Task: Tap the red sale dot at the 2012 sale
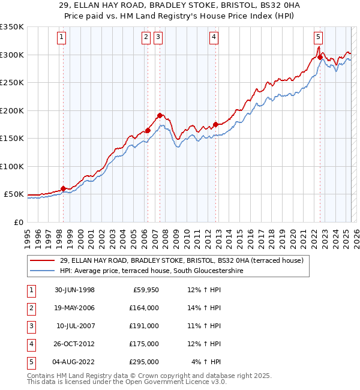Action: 216,125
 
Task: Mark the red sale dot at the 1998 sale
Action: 63,188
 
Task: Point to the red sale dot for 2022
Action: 320,58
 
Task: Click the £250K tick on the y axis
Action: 13,83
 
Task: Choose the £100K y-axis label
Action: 13,166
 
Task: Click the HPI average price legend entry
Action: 160,271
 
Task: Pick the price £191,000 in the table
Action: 144,325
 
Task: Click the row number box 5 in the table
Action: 30,362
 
